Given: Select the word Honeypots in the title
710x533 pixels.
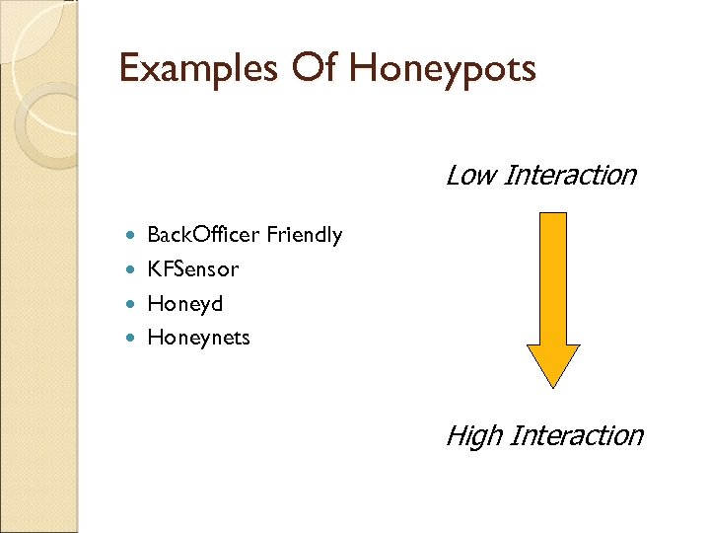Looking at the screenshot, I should pyautogui.click(x=443, y=70).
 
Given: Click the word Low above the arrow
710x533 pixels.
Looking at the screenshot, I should pyautogui.click(x=469, y=176).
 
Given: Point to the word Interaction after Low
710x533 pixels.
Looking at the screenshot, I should pyautogui.click(x=570, y=176).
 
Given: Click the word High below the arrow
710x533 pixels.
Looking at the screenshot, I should pyautogui.click(x=472, y=435).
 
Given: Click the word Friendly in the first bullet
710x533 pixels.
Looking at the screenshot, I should pyautogui.click(x=305, y=235).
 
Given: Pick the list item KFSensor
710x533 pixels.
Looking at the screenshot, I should pyautogui.click(x=193, y=268).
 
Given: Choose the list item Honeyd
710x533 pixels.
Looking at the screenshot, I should pyautogui.click(x=185, y=303).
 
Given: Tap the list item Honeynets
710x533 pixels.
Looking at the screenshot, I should pyautogui.click(x=198, y=338).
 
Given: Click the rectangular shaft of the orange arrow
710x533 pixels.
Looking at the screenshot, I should pyautogui.click(x=553, y=276).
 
